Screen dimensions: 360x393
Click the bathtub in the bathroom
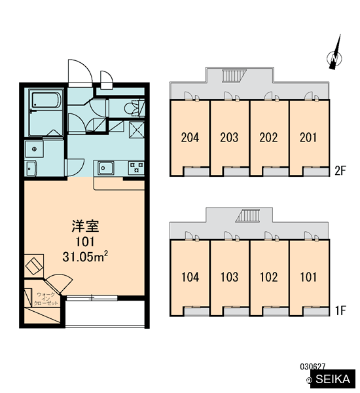(x=46, y=100)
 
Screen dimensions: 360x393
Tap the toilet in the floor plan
(x=133, y=108)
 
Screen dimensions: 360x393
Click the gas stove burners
(x=136, y=168)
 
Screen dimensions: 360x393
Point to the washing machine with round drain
(x=34, y=149)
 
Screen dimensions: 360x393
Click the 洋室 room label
(x=85, y=226)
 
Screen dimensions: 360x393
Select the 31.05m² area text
(x=85, y=256)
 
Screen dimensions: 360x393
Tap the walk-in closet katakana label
(x=46, y=299)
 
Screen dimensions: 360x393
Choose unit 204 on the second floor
(x=190, y=138)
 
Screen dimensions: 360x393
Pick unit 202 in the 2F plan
(x=268, y=138)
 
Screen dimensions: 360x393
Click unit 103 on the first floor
(x=229, y=277)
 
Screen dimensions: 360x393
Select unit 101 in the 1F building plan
(x=308, y=277)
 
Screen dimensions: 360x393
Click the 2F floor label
(x=340, y=171)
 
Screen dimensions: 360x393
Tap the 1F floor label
(x=341, y=310)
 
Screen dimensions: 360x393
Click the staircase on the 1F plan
(x=247, y=215)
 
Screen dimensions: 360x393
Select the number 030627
(x=312, y=367)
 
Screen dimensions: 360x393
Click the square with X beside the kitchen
(x=137, y=129)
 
